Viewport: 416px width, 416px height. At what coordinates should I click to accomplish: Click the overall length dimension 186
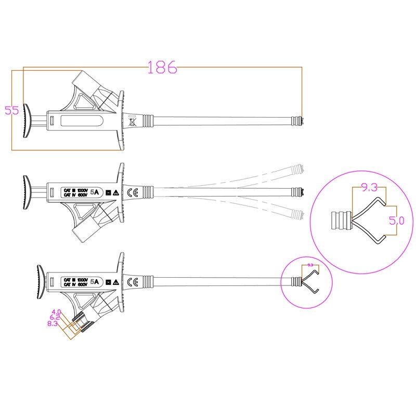[163, 67]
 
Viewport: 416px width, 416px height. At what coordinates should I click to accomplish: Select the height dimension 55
[12, 110]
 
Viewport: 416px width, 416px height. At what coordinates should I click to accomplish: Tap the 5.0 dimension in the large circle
[397, 220]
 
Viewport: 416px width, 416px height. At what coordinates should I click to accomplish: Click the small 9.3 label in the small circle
[310, 265]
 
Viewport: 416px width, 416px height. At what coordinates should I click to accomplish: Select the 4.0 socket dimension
[57, 311]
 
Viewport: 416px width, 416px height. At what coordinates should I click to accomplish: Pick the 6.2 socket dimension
[55, 317]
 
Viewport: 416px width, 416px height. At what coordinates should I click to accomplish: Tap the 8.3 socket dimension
[53, 323]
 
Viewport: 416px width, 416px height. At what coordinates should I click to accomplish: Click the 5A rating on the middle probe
[95, 192]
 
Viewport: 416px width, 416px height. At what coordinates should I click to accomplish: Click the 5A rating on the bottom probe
[95, 281]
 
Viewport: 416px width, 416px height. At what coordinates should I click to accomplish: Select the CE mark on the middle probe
[132, 192]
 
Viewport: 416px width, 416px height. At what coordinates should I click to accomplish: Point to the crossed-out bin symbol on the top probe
[132, 123]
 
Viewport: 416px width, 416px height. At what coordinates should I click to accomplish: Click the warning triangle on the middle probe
[115, 192]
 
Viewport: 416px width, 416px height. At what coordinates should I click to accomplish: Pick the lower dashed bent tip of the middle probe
[297, 213]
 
